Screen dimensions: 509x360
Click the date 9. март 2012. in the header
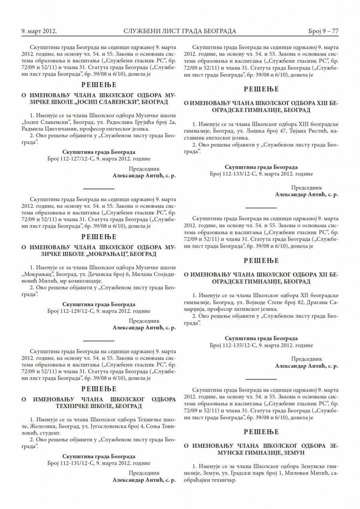[39, 31]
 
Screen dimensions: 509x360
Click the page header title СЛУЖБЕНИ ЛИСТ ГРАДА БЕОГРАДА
[180, 31]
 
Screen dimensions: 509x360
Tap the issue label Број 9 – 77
[323, 31]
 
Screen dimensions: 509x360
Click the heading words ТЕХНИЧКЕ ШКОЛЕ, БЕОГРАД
[99, 406]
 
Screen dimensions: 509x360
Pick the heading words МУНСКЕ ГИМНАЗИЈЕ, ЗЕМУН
[261, 452]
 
